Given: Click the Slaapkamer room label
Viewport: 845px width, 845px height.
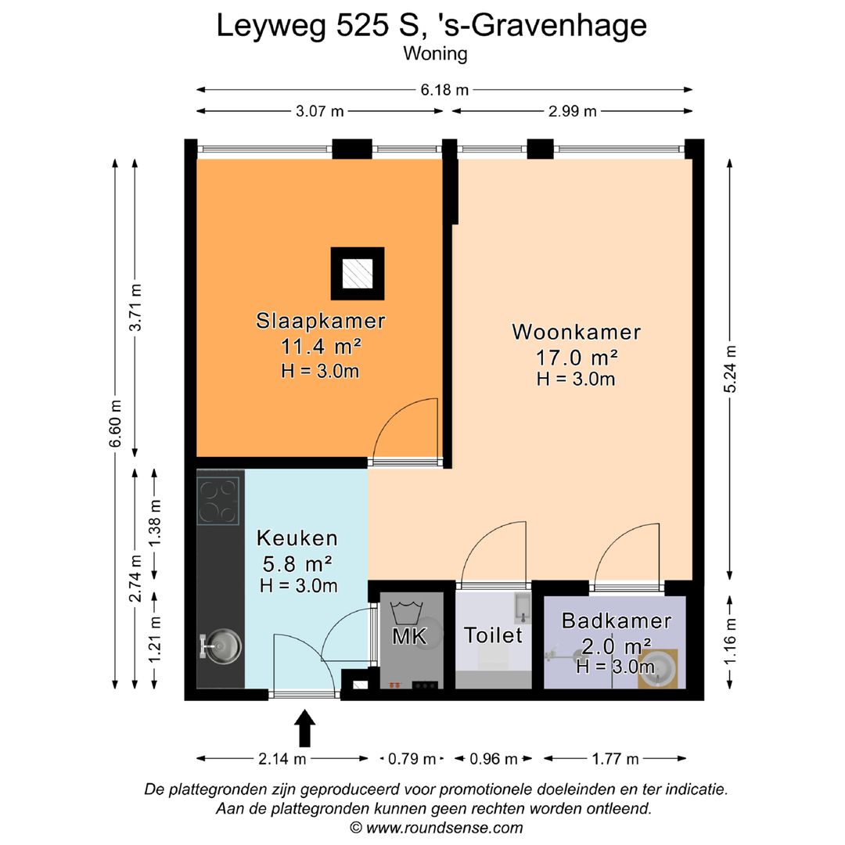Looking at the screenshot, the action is (321, 321).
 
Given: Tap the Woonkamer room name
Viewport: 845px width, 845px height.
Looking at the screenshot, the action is (576, 332).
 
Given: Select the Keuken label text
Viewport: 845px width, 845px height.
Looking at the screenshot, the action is (297, 538).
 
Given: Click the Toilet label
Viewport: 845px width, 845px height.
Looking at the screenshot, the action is (493, 635).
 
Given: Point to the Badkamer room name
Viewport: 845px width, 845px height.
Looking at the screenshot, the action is (617, 620).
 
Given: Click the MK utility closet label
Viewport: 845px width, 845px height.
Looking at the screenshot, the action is (409, 636).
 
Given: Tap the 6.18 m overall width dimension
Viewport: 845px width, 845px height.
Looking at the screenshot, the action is (444, 89).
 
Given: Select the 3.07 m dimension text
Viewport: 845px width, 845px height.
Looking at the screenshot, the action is (319, 111).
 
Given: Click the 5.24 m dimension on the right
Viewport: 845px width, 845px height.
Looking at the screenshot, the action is (730, 369).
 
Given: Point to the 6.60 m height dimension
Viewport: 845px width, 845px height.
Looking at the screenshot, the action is (115, 424).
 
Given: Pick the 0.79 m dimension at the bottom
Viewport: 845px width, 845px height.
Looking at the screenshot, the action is (412, 759).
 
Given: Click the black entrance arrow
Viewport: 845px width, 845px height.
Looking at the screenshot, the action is (305, 728).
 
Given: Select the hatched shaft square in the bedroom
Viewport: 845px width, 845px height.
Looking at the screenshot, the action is (358, 274).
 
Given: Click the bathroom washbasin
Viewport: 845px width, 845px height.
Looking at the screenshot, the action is (658, 669).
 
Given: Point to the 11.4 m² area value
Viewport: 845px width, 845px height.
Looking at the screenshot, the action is (321, 347).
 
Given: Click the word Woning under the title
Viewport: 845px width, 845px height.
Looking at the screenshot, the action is (436, 54).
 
